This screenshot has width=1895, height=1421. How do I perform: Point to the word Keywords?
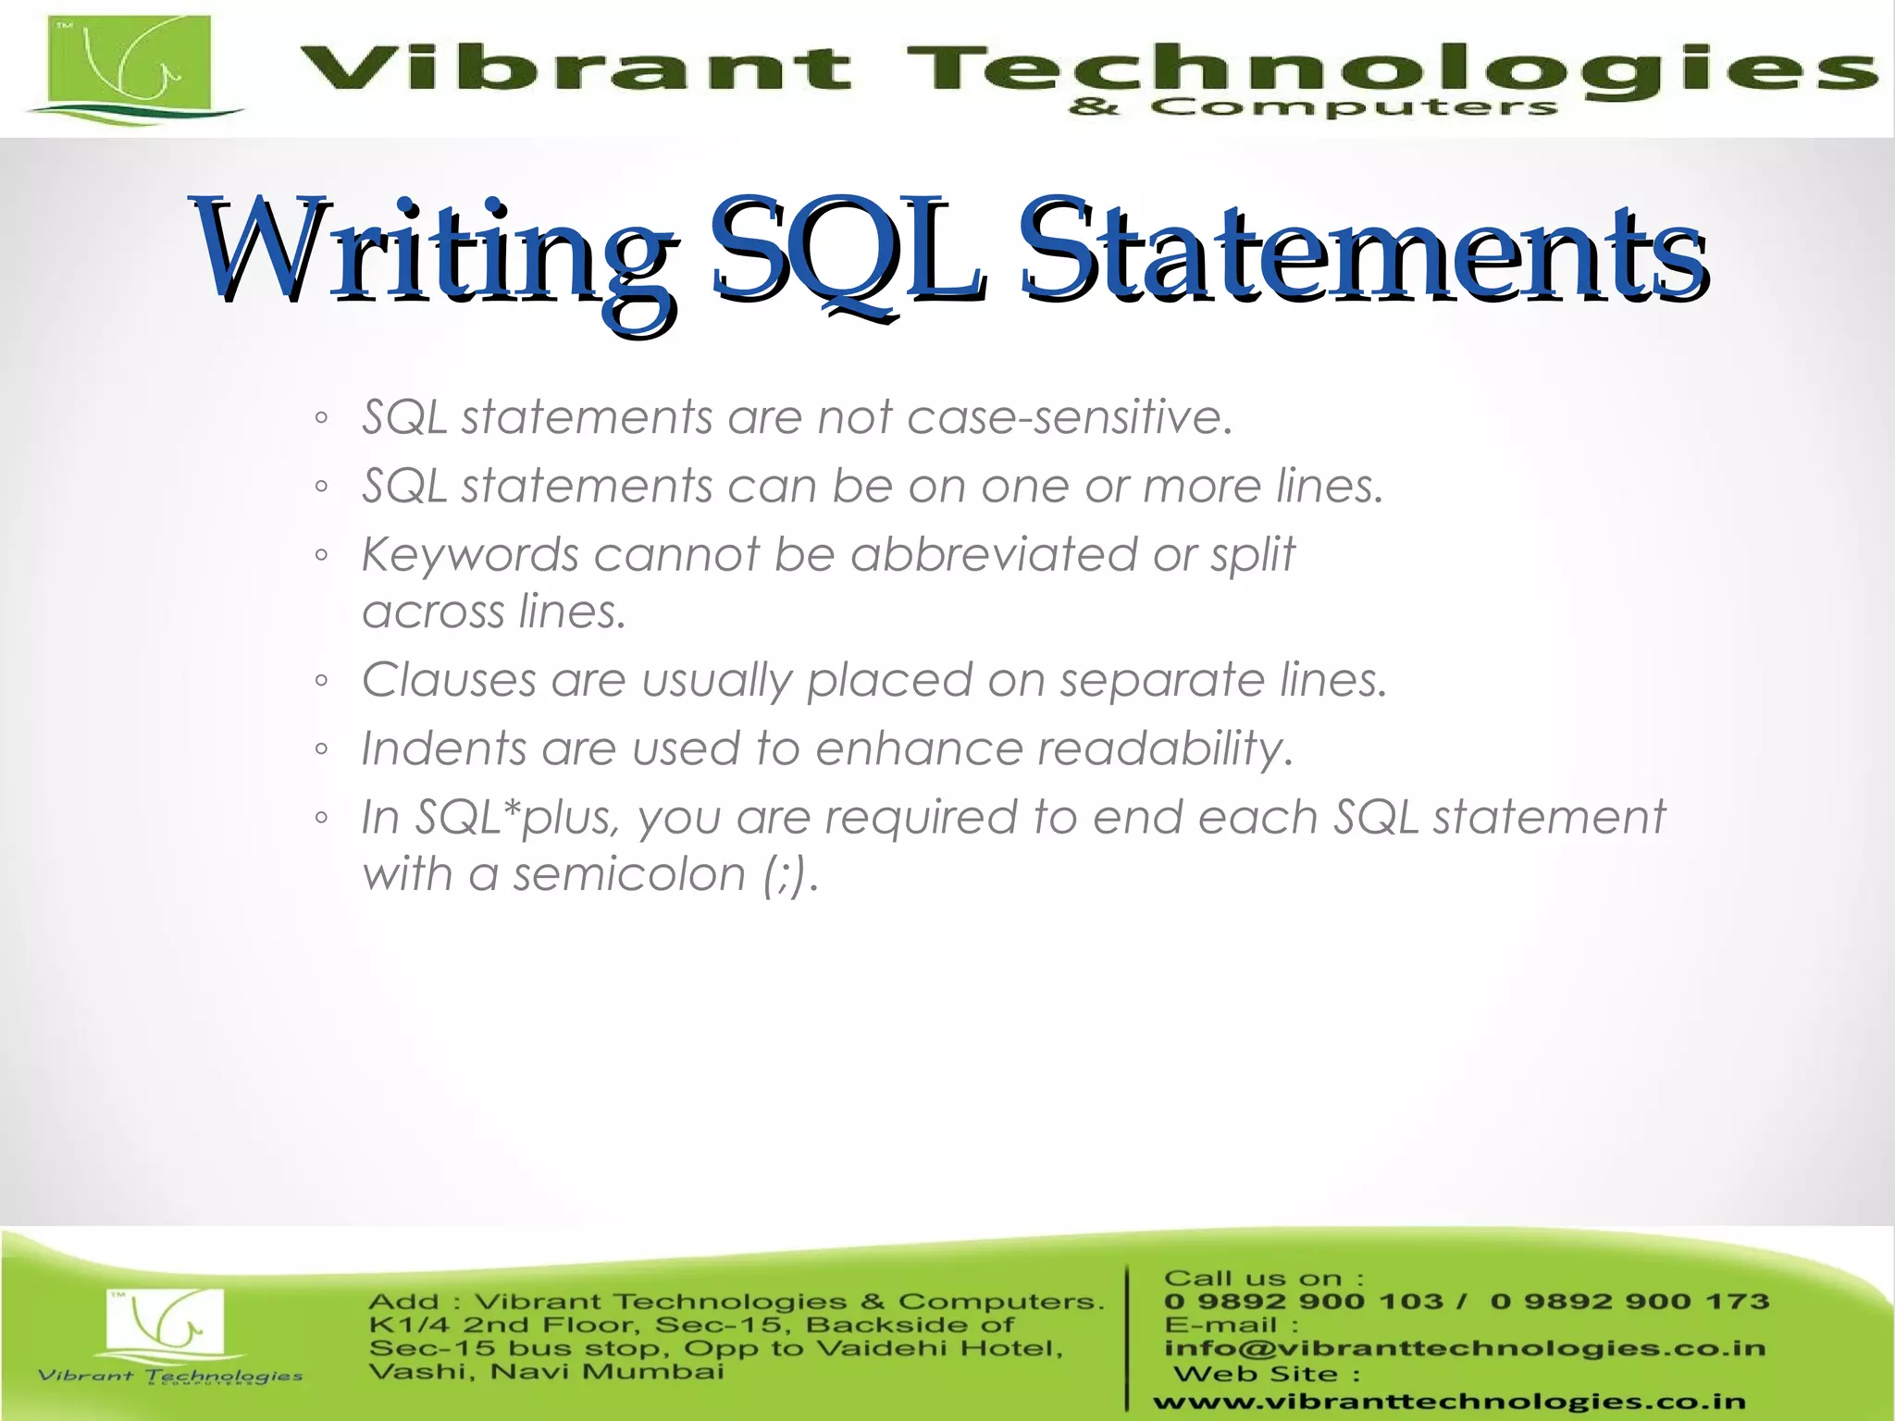pos(470,555)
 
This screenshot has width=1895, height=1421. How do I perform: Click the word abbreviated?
pos(994,555)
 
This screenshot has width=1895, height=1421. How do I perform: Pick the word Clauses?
pos(449,680)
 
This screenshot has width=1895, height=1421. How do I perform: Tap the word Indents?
pos(443,748)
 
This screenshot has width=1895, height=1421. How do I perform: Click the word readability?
pos(1165,748)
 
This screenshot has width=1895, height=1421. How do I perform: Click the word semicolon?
pos(629,874)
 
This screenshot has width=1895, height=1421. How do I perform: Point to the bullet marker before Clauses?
pos(321,682)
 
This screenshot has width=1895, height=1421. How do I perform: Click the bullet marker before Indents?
pos(321,750)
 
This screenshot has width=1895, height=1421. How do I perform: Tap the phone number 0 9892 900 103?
pos(1303,1302)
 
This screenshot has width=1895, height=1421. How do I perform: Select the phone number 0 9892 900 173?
pos(1629,1302)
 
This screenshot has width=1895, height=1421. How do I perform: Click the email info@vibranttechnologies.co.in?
pos(1465,1348)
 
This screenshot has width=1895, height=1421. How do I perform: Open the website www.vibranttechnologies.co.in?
pos(1449,1402)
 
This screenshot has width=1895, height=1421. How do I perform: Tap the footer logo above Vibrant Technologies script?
pos(165,1323)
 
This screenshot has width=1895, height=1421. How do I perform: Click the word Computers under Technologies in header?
pos(1353,108)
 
